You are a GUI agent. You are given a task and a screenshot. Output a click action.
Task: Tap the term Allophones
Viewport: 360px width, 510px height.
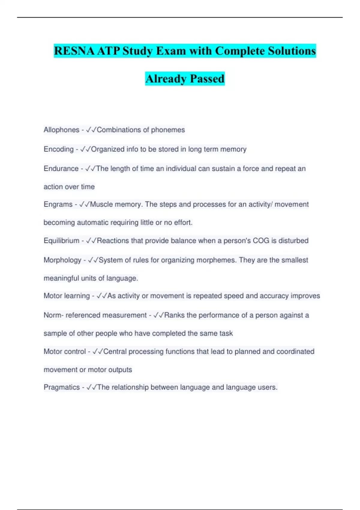point(61,130)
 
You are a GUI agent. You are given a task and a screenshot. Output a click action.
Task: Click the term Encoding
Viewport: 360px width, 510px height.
point(58,149)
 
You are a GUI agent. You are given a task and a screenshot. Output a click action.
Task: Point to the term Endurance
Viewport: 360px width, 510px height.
point(61,169)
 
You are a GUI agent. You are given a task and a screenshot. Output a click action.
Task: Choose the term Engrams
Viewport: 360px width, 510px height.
point(58,204)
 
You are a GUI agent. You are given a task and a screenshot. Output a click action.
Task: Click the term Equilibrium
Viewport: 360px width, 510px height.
point(61,241)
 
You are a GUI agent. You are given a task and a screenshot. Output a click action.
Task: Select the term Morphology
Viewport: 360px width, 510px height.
point(62,260)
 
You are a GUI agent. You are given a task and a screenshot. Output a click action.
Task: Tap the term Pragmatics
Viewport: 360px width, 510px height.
point(61,387)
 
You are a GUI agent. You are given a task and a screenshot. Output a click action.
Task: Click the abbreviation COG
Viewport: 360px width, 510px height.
point(261,241)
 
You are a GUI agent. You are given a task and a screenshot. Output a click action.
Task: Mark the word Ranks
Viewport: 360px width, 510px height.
point(174,315)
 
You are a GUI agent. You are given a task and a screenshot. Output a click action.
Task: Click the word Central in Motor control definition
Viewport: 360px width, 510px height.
point(115,352)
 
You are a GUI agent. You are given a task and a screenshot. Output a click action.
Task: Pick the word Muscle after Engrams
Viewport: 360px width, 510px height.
point(101,204)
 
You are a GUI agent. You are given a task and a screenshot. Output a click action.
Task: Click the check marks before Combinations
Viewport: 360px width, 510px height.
point(91,130)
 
